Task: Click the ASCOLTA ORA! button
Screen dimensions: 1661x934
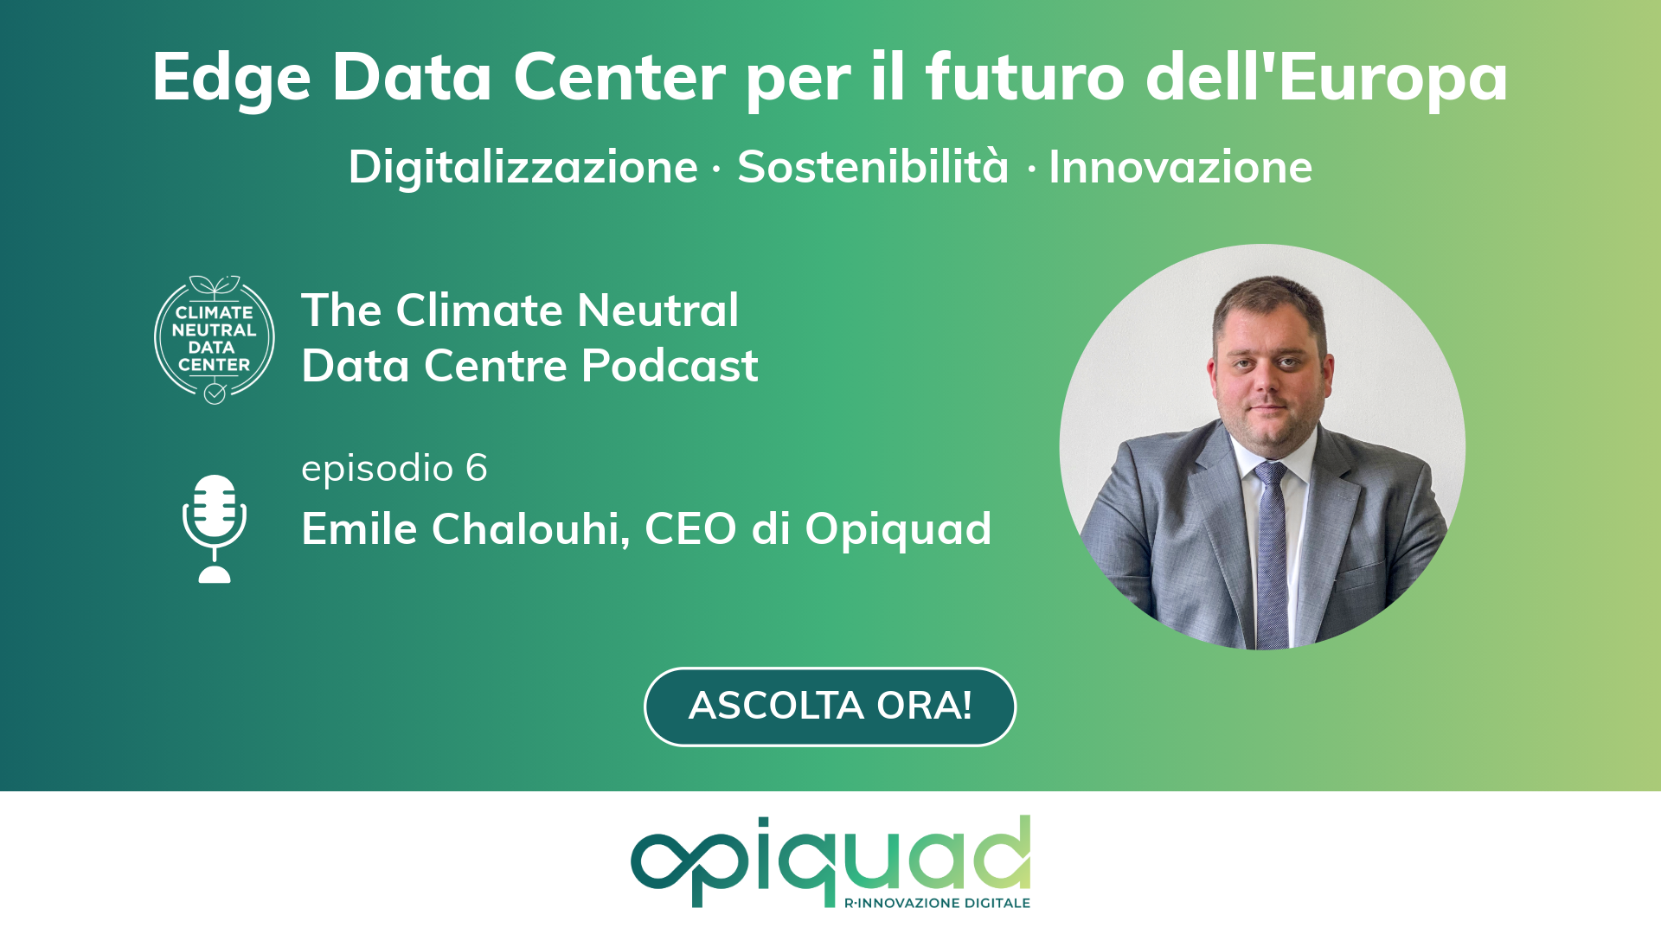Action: pyautogui.click(x=830, y=707)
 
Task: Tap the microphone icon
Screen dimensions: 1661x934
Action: pyautogui.click(x=215, y=528)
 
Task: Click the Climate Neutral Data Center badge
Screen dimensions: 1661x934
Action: pyautogui.click(x=215, y=339)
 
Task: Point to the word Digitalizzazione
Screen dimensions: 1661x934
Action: pyautogui.click(x=523, y=167)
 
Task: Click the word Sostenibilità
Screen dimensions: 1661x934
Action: pyautogui.click(x=873, y=166)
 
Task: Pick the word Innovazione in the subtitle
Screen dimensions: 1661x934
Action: pyautogui.click(x=1181, y=167)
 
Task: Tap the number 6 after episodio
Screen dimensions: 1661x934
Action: pyautogui.click(x=477, y=468)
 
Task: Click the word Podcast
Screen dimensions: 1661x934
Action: pyautogui.click(x=670, y=365)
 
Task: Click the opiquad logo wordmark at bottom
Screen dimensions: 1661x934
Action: pyautogui.click(x=830, y=860)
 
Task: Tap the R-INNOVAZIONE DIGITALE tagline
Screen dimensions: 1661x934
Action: pyautogui.click(x=937, y=903)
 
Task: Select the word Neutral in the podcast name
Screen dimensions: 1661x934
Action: pyautogui.click(x=657, y=310)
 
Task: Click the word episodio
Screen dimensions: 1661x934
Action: pyautogui.click(x=377, y=468)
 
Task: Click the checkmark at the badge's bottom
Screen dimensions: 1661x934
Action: pyautogui.click(x=215, y=393)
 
